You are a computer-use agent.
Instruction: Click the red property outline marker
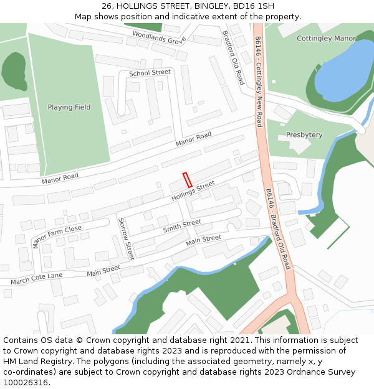(x=187, y=180)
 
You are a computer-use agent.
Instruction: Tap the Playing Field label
(x=69, y=107)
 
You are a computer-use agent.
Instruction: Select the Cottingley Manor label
(x=326, y=39)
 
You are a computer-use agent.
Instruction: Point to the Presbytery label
(x=304, y=134)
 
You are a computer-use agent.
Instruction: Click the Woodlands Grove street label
(x=159, y=37)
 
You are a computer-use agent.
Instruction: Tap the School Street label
(x=150, y=73)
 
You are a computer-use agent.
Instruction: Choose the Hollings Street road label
(x=193, y=192)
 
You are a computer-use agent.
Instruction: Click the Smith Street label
(x=182, y=226)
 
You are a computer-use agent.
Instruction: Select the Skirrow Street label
(x=126, y=238)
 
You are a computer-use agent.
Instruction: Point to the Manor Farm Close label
(x=57, y=237)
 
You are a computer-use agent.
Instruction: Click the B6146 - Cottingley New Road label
(x=259, y=81)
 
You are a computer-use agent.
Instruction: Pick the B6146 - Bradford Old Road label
(x=278, y=229)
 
